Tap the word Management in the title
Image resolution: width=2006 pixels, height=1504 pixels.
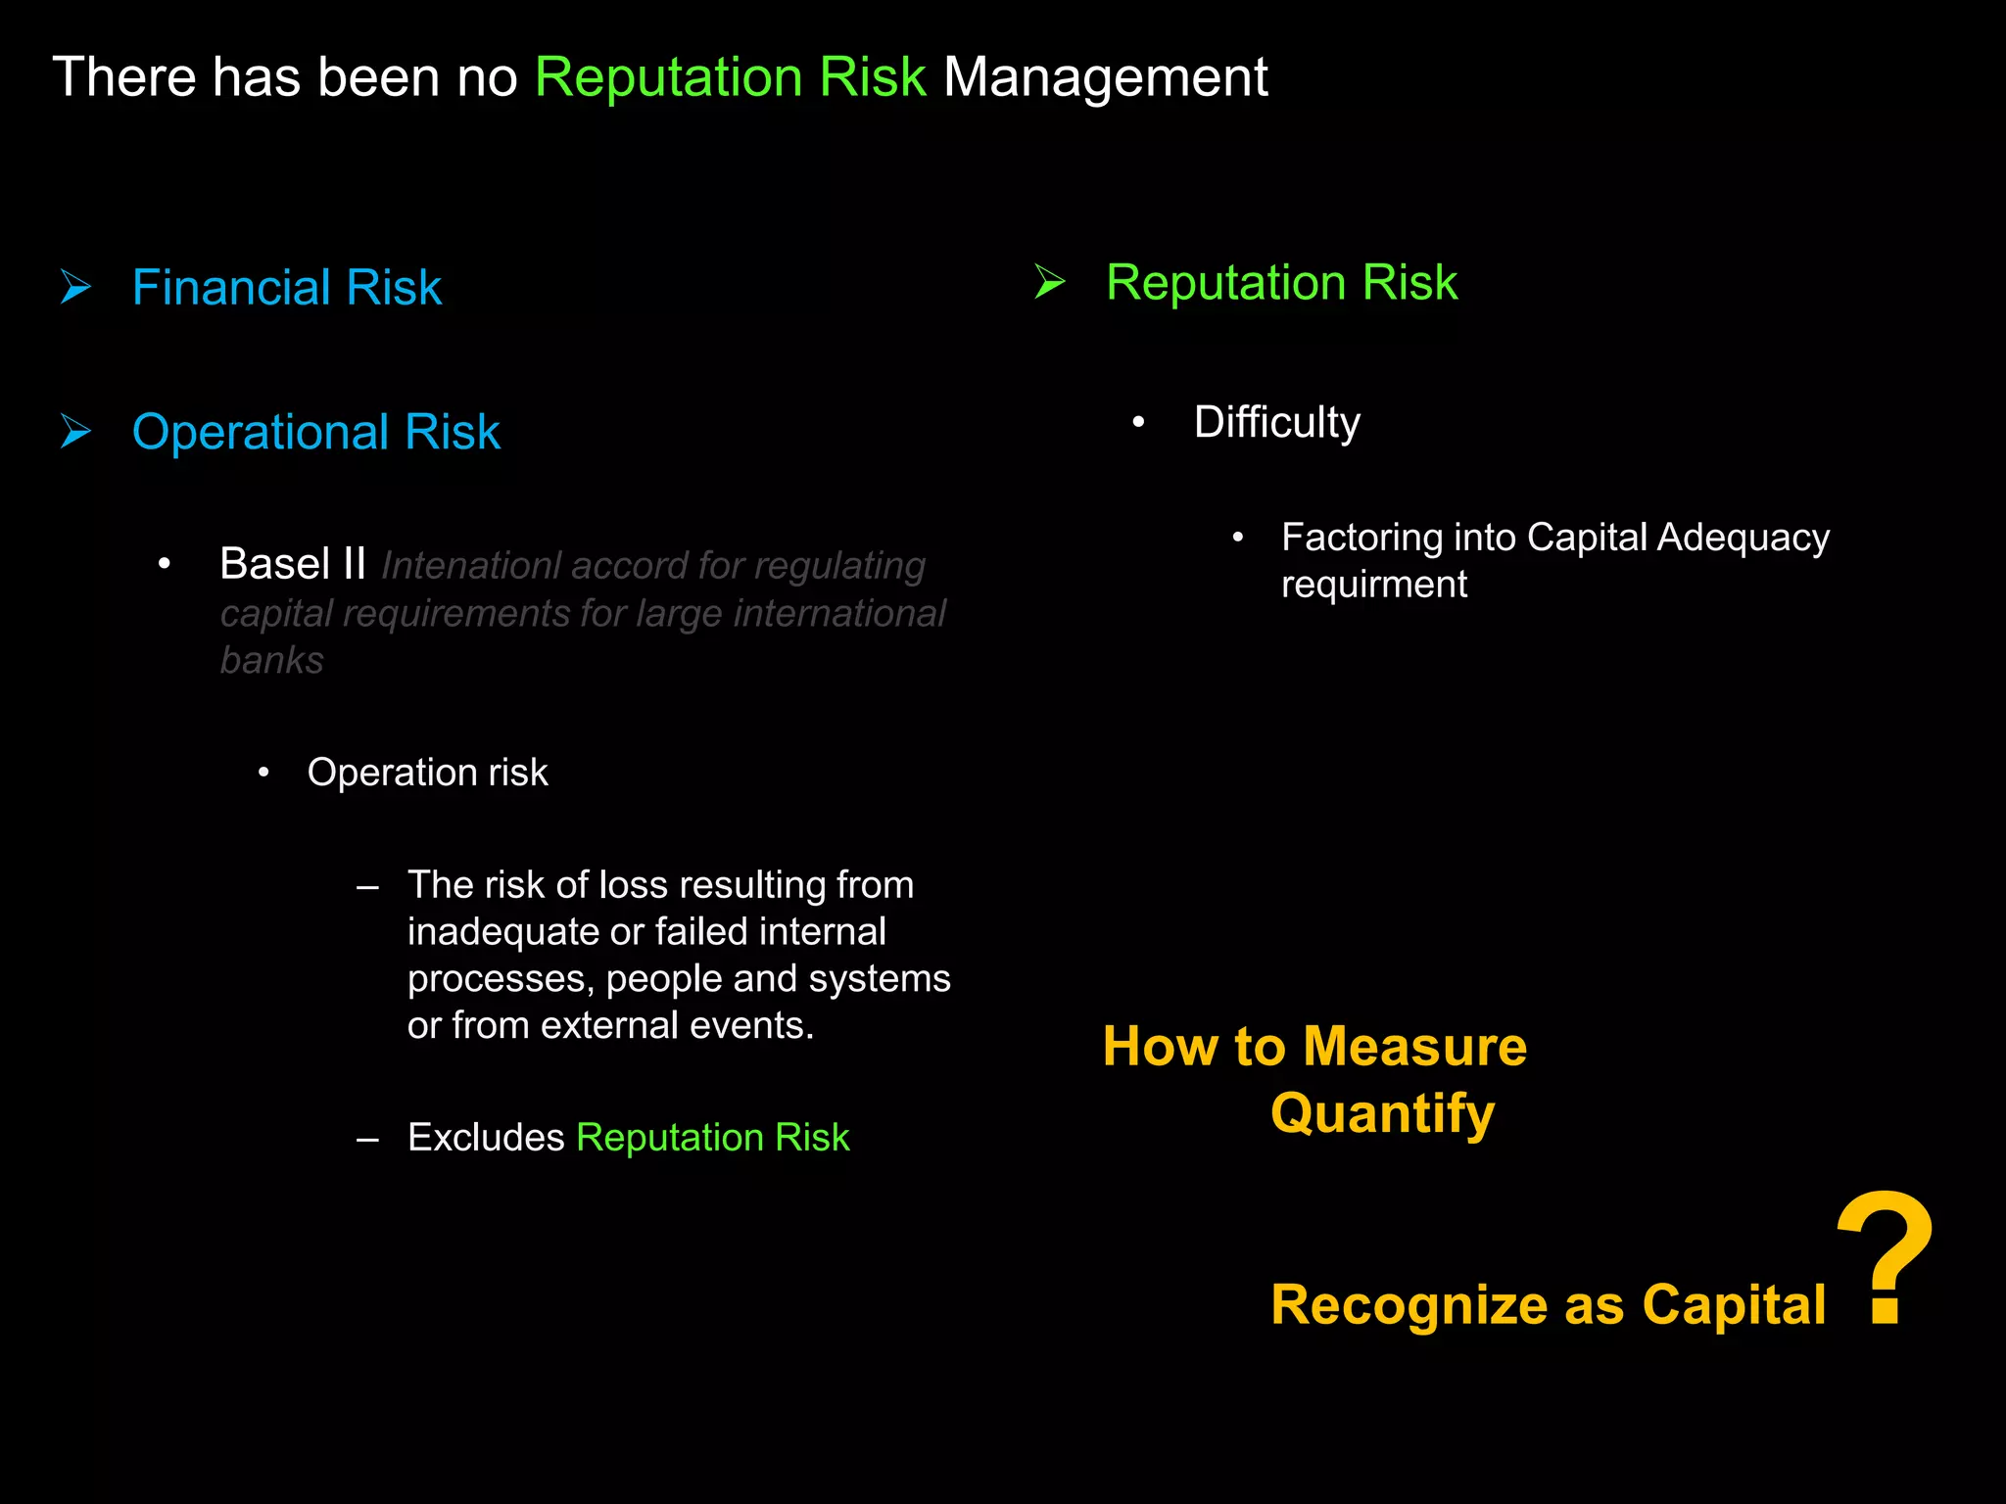point(1105,77)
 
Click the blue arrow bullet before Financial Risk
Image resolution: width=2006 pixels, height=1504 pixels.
point(75,287)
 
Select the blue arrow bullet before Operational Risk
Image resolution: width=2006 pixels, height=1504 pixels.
point(75,431)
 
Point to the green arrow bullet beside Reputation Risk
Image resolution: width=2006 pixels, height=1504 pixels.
point(1050,282)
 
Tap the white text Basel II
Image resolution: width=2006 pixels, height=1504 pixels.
point(293,564)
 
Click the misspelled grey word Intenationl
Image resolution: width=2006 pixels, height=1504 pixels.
point(470,566)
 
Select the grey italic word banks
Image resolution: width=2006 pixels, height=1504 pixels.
point(271,661)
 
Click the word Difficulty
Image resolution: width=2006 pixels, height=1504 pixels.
point(1276,423)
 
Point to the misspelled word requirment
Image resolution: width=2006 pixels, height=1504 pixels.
point(1373,585)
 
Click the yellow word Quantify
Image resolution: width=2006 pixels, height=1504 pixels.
point(1382,1113)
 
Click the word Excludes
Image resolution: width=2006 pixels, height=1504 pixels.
point(486,1138)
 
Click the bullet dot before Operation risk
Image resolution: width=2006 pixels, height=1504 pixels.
point(263,773)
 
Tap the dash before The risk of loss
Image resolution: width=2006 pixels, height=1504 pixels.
point(367,887)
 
